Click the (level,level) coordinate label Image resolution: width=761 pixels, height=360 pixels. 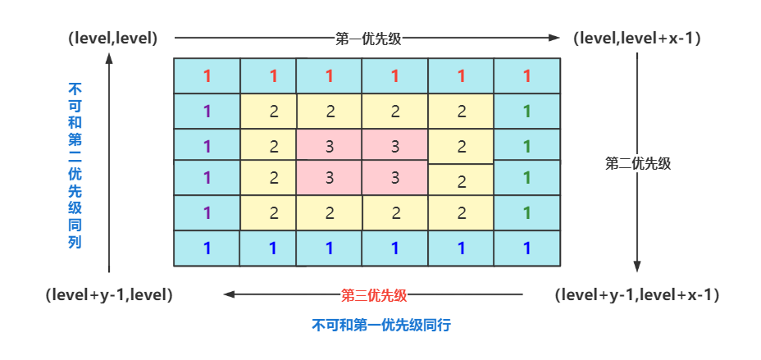pos(114,38)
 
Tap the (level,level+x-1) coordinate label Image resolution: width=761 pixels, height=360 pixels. pos(637,38)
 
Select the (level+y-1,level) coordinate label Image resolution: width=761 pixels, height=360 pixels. pos(109,294)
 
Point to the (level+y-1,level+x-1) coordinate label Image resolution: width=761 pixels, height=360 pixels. pos(637,294)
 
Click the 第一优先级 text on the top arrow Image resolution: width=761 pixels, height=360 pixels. pos(367,38)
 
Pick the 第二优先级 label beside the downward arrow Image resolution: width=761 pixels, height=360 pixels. pos(638,162)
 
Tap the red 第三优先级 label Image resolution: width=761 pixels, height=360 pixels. pos(374,294)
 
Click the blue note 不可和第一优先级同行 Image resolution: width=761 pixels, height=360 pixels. pos(382,325)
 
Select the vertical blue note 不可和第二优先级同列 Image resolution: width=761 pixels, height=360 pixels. pos(75,164)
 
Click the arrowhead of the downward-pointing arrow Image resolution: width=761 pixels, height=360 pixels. pos(637,267)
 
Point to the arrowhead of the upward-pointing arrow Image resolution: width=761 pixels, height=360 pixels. pos(109,57)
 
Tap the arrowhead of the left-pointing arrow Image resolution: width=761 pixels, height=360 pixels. pos(230,294)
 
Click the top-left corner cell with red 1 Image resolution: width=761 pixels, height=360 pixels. pos(207,76)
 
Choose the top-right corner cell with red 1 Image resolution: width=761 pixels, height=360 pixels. pos(526,76)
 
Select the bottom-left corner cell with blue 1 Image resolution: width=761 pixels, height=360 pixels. pos(207,248)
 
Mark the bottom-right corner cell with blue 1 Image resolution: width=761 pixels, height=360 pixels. pos(526,248)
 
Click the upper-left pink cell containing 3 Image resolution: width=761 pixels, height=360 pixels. pos(329,145)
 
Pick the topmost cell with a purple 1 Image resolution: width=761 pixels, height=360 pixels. pos(207,111)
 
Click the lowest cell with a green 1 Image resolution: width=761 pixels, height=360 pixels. pos(526,212)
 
